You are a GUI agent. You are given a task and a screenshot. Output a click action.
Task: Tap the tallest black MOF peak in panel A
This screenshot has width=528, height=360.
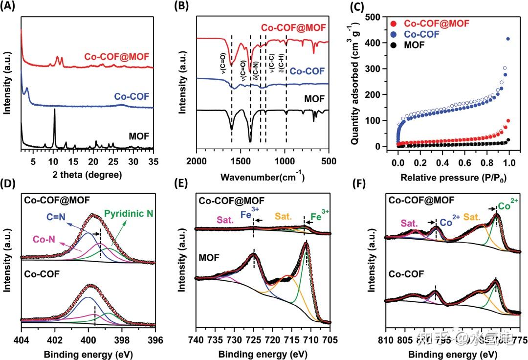pyautogui.click(x=54, y=111)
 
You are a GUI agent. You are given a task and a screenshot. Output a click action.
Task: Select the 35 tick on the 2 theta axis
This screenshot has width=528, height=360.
pyautogui.click(x=154, y=161)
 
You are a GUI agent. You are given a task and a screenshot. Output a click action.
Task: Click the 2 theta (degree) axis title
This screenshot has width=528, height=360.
pyautogui.click(x=87, y=174)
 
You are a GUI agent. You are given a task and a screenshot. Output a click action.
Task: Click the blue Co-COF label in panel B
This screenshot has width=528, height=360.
pyautogui.click(x=307, y=71)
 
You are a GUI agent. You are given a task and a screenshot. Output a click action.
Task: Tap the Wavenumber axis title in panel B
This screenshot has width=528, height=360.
pyautogui.click(x=262, y=175)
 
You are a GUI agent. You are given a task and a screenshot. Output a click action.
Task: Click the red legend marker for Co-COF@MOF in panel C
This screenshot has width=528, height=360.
pyautogui.click(x=395, y=24)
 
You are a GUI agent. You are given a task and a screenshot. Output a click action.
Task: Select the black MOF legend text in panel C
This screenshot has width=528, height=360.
pyautogui.click(x=414, y=45)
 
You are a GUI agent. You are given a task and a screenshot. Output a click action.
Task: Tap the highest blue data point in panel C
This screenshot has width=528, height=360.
pyautogui.click(x=508, y=39)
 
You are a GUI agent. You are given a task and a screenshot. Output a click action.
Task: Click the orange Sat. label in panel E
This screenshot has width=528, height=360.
pyautogui.click(x=284, y=216)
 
